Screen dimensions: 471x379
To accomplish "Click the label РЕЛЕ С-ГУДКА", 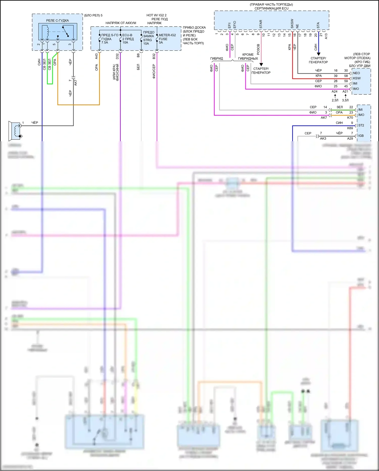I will coord(57,21).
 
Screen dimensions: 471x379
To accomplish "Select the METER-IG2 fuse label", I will coord(167,35).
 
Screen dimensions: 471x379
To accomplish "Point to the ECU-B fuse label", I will coord(127,35).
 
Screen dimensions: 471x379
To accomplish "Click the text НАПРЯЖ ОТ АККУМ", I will coord(121,23).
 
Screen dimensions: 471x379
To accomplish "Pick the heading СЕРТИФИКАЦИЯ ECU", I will coord(271,8).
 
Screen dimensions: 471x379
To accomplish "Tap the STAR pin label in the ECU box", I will coord(261,24).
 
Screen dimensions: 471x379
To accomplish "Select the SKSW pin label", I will coord(292,24).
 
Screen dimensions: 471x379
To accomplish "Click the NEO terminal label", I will coord(356,73).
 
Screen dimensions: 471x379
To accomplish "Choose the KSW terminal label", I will coord(357,78).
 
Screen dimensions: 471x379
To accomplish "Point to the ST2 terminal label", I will coord(361,125).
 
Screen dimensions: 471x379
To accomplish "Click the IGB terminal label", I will coord(361,136).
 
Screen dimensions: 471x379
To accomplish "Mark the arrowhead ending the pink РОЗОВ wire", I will coord(261,65).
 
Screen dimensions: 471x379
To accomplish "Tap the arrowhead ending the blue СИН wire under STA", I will coord(319,54).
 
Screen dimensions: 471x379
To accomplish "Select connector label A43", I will coord(97,56).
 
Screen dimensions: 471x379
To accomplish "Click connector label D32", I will coord(117,56).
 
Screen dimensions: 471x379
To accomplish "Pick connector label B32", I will coord(154,56).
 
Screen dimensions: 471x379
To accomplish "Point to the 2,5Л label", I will coord(335,100).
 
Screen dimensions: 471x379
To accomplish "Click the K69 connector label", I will coord(350,128).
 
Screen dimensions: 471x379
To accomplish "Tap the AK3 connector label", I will coord(323,138).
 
